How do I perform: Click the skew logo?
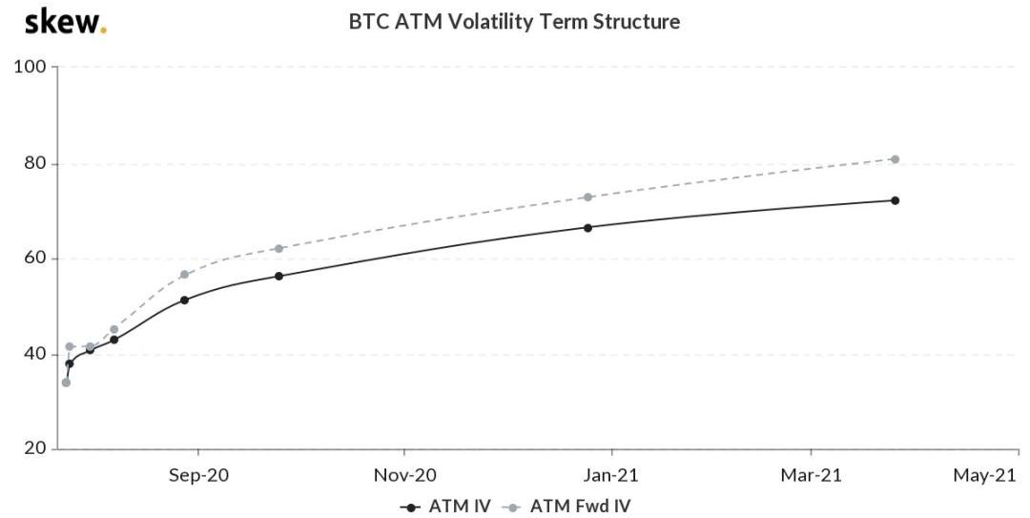coord(65,21)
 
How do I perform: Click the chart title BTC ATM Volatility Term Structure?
coord(514,22)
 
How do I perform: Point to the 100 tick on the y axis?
coord(34,68)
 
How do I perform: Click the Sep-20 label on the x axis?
coord(198,474)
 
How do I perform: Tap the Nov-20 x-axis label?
coord(404,474)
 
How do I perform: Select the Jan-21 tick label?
coord(611,474)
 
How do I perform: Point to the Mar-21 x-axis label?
coord(812,474)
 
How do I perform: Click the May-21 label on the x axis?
coord(986,474)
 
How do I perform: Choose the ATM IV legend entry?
coord(445,507)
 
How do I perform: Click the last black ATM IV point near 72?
coord(895,200)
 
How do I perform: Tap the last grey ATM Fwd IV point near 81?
coord(895,159)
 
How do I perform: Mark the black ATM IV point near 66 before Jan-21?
coord(587,227)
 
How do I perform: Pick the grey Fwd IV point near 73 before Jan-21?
coord(587,197)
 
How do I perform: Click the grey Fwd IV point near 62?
coord(278,248)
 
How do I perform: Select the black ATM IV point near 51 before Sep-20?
coord(184,300)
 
